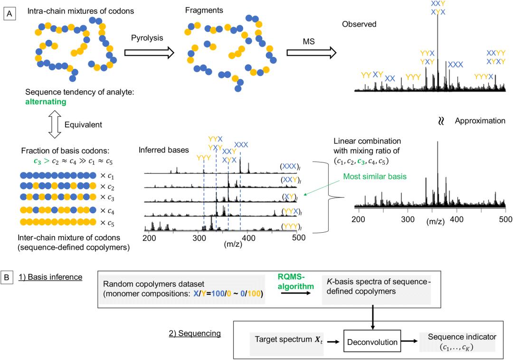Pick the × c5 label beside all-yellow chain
click(111, 222)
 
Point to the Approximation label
click(480, 121)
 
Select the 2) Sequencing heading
click(202, 333)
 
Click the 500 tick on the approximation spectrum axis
click(505, 219)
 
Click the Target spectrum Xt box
click(281, 340)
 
